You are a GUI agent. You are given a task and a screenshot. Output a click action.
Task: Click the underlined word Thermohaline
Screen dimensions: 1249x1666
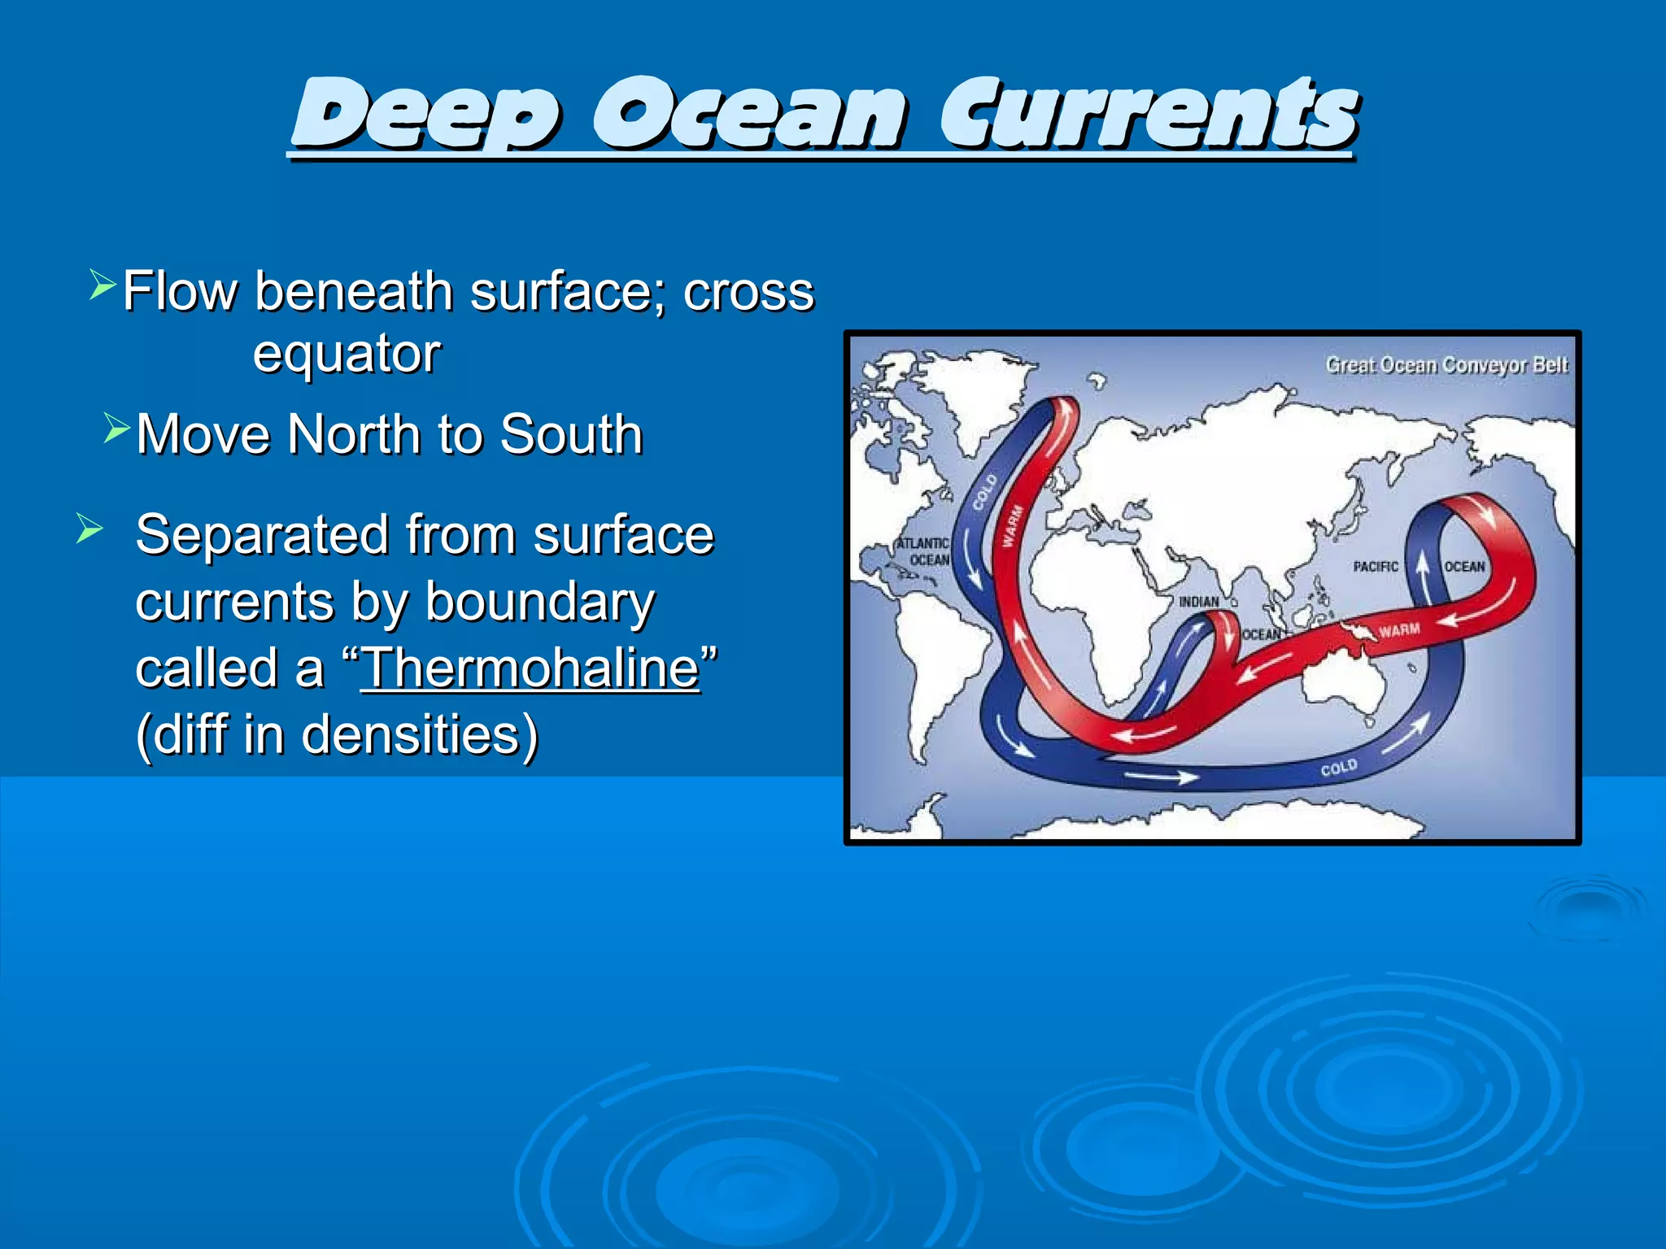(x=530, y=668)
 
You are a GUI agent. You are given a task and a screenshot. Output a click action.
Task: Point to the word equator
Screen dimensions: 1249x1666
(x=347, y=354)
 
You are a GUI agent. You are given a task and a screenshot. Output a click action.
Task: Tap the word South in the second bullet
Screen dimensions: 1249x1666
(x=571, y=434)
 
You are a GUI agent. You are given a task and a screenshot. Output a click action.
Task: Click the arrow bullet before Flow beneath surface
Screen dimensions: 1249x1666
(x=102, y=285)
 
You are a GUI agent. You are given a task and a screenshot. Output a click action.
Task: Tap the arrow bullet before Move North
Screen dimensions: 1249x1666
(x=116, y=428)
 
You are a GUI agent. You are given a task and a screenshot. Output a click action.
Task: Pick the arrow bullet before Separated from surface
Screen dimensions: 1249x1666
(x=89, y=529)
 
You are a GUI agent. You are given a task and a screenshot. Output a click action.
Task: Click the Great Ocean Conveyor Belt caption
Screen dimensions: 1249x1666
(x=1446, y=365)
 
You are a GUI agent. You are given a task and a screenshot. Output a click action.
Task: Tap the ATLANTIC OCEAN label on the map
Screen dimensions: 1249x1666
(x=923, y=551)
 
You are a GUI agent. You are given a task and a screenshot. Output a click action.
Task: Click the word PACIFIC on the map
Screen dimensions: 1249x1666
(x=1376, y=567)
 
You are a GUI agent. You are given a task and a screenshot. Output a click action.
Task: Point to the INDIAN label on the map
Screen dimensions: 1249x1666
(x=1198, y=602)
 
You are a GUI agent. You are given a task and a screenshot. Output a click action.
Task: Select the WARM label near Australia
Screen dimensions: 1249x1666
(x=1399, y=630)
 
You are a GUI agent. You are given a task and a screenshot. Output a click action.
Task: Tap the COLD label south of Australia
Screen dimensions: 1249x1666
(x=1338, y=768)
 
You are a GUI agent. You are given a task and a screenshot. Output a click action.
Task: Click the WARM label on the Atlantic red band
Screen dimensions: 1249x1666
(x=1012, y=527)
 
